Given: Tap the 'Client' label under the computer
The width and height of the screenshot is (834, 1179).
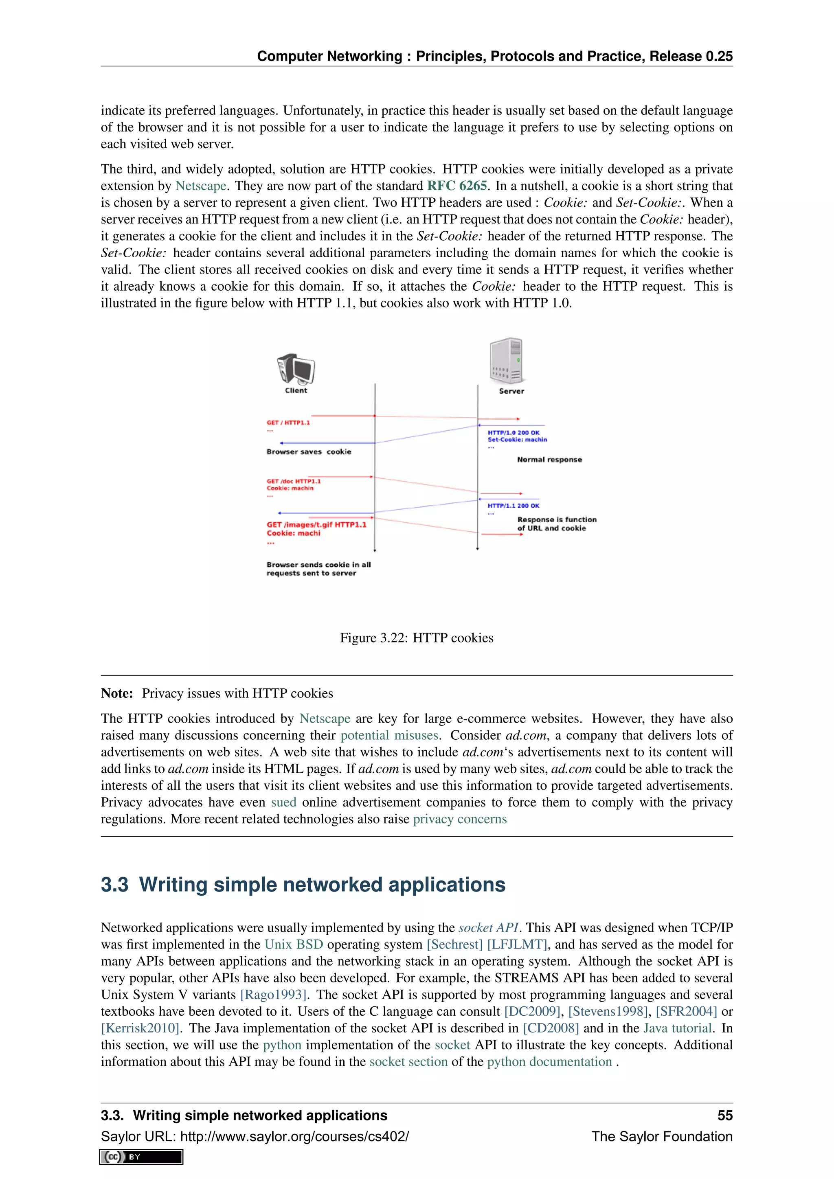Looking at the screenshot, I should click(x=296, y=390).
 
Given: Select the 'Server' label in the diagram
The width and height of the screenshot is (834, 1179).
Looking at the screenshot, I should click(x=511, y=391).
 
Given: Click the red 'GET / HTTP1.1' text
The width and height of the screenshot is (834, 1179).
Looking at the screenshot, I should click(x=288, y=423).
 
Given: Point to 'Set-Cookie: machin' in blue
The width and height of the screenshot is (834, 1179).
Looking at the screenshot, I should click(x=517, y=440).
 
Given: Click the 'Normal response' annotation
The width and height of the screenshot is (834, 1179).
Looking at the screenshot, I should click(x=549, y=460).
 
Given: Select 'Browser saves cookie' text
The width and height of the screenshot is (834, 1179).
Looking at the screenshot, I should click(x=309, y=452).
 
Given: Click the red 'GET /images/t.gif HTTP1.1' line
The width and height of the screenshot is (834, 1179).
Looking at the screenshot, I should click(x=316, y=525).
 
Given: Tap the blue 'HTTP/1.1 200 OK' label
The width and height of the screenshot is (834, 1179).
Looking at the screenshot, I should click(x=513, y=506).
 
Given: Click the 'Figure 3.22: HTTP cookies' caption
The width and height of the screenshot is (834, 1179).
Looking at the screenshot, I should click(x=417, y=638).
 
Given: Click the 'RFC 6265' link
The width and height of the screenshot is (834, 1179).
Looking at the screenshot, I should click(x=457, y=186).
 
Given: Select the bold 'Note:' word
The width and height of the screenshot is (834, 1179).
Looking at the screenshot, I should click(x=116, y=694).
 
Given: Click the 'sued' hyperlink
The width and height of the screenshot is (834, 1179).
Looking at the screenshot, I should click(x=283, y=802).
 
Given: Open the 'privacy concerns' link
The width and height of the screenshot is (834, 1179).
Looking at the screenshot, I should click(x=460, y=819).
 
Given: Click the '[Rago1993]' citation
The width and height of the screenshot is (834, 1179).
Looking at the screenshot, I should click(x=273, y=995).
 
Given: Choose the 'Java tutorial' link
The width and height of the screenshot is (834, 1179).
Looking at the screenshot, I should click(x=677, y=1028).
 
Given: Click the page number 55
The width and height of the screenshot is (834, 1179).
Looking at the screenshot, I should click(x=724, y=1115).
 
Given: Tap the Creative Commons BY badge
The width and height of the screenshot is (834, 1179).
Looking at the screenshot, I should click(x=141, y=1157).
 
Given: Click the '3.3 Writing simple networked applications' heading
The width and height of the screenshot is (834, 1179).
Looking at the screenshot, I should click(x=303, y=885).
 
